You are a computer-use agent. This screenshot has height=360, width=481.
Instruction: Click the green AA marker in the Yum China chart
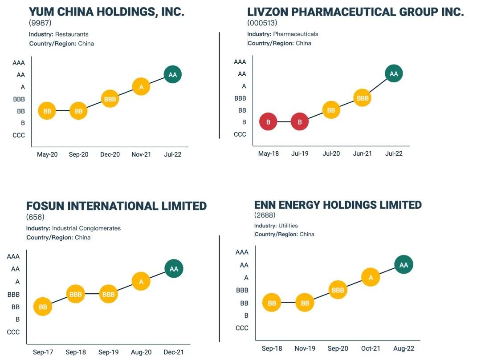173,75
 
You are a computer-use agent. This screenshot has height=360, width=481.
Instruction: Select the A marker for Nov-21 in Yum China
141,87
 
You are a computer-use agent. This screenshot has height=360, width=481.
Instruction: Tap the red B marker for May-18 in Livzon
268,121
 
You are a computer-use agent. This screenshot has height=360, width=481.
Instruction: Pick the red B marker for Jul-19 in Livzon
300,121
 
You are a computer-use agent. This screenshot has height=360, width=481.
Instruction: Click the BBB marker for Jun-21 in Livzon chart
363,98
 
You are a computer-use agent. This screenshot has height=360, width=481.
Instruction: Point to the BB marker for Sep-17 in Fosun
43,307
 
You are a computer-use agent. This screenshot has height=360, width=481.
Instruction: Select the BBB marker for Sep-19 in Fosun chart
108,294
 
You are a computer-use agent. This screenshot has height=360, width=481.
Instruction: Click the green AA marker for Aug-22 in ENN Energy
404,265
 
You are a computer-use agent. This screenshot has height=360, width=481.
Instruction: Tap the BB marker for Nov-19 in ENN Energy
305,303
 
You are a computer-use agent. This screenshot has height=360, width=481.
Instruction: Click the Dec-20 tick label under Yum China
110,155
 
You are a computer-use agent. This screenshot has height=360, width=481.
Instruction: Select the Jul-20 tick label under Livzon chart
331,154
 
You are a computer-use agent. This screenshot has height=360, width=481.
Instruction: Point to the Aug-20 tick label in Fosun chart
142,352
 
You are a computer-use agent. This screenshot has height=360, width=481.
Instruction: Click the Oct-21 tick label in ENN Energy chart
371,348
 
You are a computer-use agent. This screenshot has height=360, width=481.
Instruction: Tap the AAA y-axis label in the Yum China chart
19,63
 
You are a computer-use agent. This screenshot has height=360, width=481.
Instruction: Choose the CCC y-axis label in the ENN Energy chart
242,328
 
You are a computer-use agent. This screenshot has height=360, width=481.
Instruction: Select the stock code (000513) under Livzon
262,23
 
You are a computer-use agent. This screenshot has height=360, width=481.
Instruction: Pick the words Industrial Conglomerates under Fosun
86,228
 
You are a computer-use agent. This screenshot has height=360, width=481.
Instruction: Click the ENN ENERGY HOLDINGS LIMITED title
338,205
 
